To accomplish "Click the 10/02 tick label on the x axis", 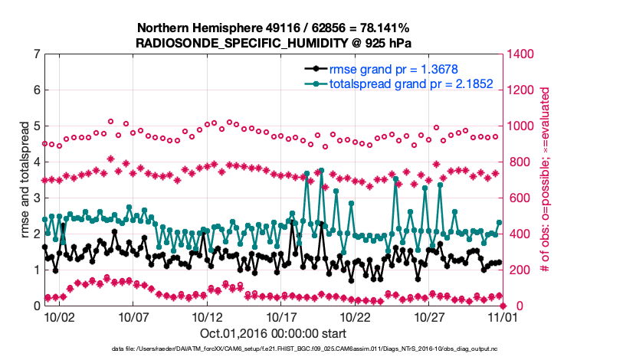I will point(59,316).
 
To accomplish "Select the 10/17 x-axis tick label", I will point(281,316).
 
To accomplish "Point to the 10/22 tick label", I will point(356,316).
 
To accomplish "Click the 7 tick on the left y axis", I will point(36,54).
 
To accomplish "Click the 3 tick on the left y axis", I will point(36,198).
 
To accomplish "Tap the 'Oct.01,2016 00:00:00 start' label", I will point(273,333).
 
